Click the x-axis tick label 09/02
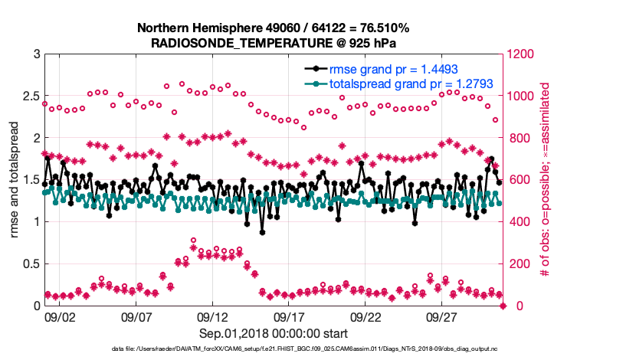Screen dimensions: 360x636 (60, 316)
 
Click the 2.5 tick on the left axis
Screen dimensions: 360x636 (30, 97)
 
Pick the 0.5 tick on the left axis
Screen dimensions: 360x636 (30, 264)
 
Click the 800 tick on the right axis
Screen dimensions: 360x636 (516, 139)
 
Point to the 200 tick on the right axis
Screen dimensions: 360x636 (516, 264)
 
